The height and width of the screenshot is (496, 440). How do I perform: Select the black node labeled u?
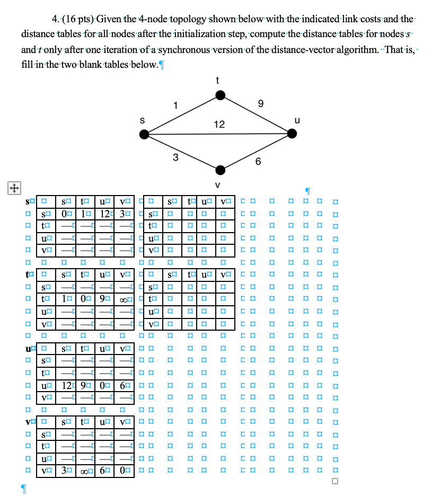click(x=292, y=134)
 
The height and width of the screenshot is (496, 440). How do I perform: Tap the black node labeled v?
click(x=221, y=170)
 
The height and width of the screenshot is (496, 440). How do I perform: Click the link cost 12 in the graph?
click(x=219, y=125)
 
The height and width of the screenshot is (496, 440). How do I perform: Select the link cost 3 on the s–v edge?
click(x=175, y=157)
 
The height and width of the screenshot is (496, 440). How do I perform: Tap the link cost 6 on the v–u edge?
click(x=258, y=162)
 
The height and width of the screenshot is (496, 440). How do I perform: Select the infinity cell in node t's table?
click(x=123, y=300)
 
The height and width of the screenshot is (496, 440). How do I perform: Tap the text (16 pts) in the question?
click(x=81, y=20)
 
